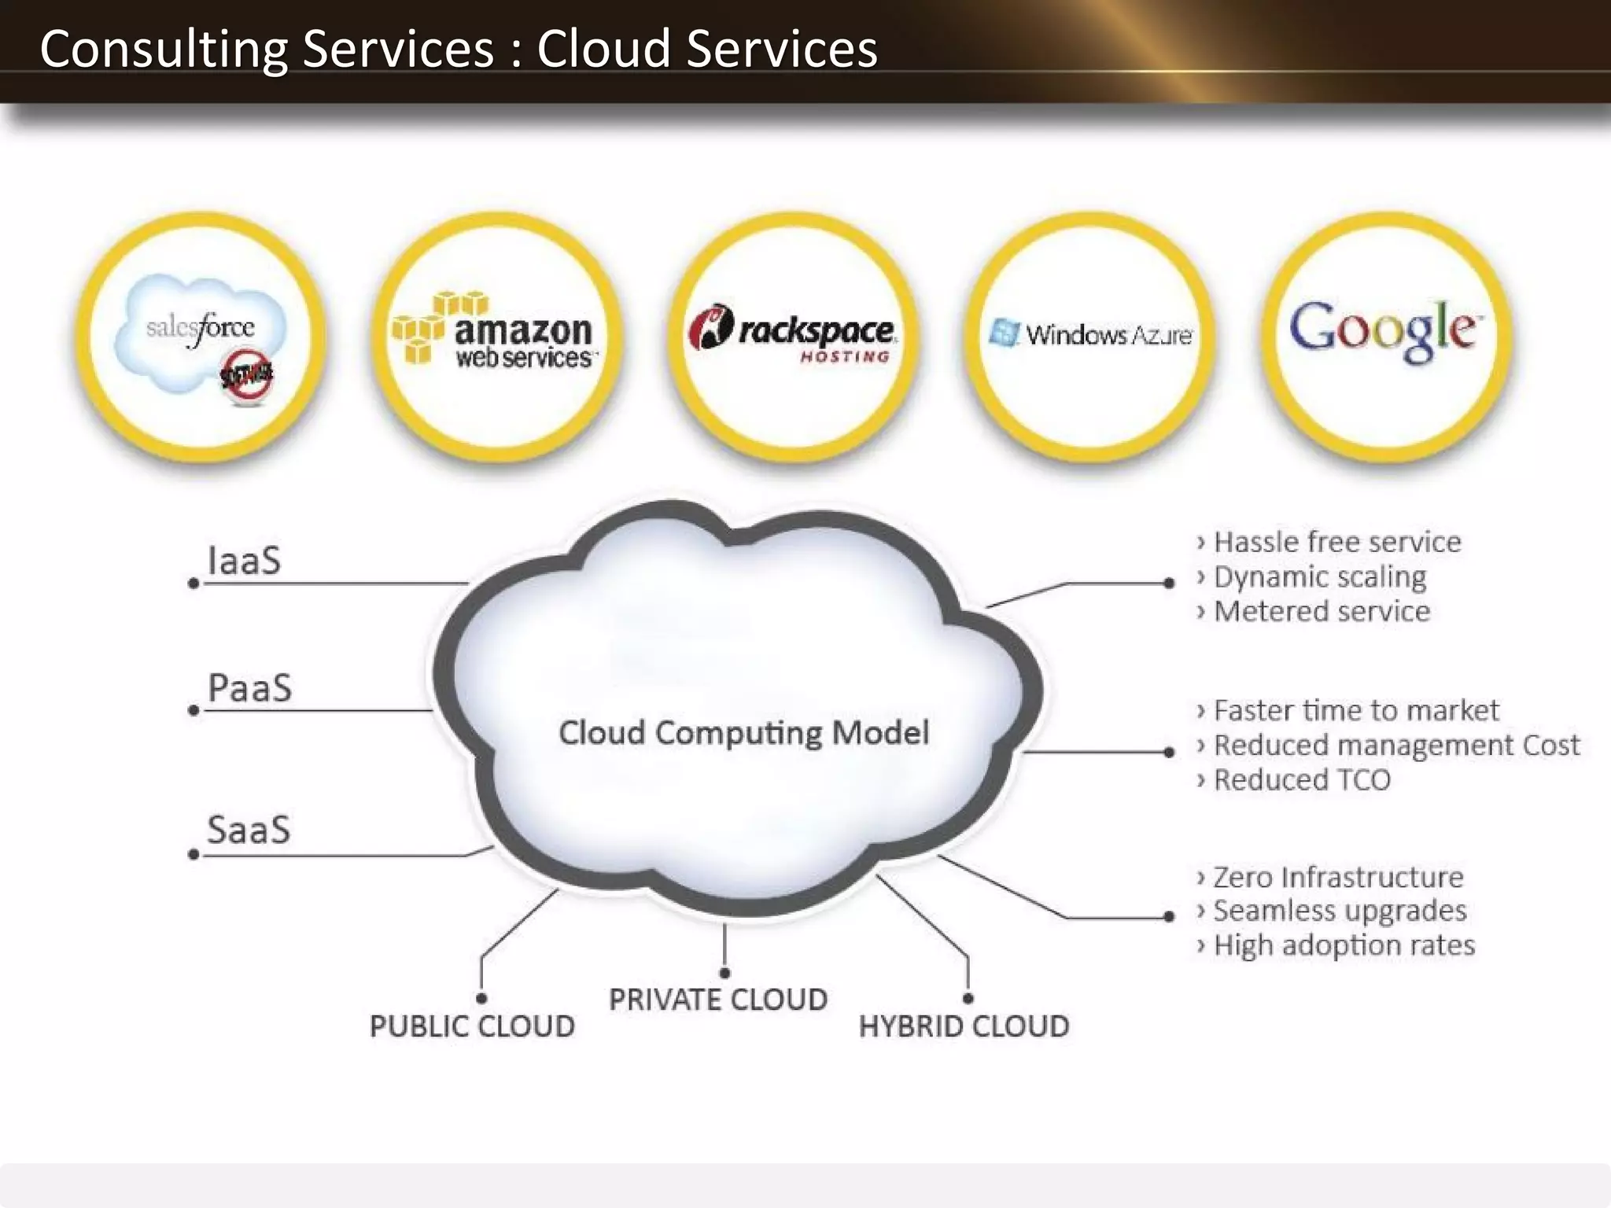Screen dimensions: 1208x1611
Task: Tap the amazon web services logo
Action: (496, 333)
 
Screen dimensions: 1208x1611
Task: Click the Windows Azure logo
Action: (1090, 334)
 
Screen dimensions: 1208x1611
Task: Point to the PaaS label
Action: (249, 688)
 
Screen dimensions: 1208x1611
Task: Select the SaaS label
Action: (249, 830)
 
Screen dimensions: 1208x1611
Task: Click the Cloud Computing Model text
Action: (743, 733)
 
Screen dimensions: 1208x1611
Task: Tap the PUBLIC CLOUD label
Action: (472, 1026)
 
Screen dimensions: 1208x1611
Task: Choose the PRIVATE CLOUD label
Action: (717, 1000)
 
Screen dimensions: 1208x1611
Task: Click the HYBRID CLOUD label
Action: (964, 1026)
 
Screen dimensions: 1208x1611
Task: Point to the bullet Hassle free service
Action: (1336, 542)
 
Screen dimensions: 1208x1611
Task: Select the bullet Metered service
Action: (1322, 611)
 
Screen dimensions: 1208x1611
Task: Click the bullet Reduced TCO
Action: (1302, 780)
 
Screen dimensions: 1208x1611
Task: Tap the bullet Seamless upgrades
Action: (1340, 911)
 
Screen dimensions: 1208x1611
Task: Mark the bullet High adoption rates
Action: (1344, 945)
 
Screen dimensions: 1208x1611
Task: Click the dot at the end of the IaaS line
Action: (194, 584)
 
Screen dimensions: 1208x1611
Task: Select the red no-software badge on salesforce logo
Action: (247, 375)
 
